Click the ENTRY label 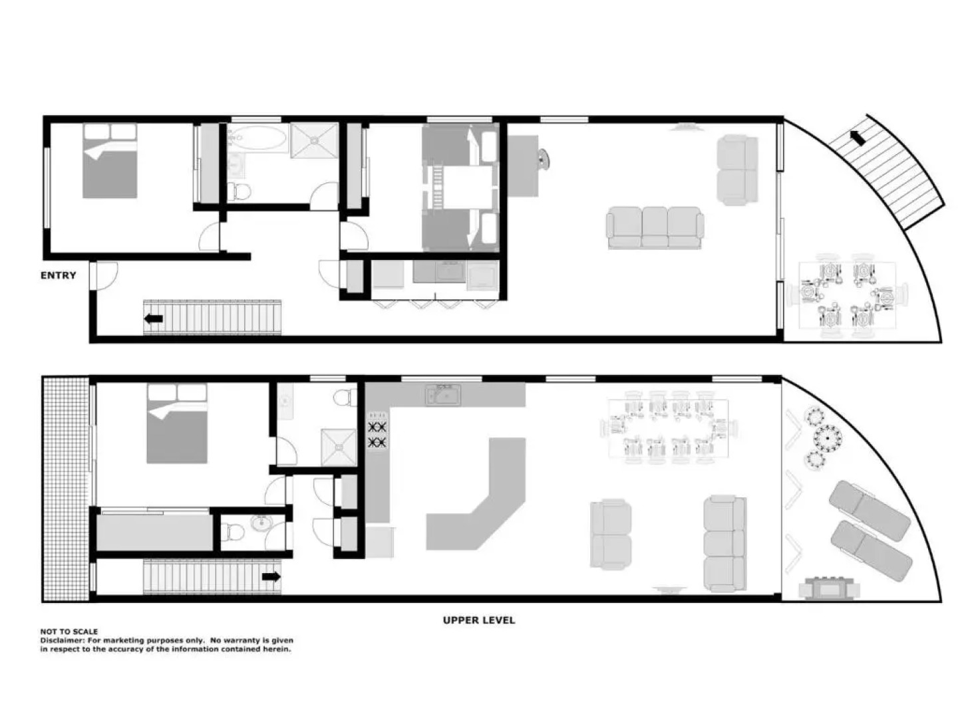pyautogui.click(x=59, y=275)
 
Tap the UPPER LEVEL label pyautogui.click(x=479, y=620)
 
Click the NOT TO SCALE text pyautogui.click(x=69, y=632)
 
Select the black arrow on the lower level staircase pyautogui.click(x=154, y=319)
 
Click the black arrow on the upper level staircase pyautogui.click(x=271, y=577)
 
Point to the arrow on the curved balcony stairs pyautogui.click(x=859, y=138)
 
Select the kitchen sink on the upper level pyautogui.click(x=443, y=395)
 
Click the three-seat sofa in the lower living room pyautogui.click(x=655, y=227)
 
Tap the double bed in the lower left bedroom pyautogui.click(x=110, y=161)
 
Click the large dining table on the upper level pyautogui.click(x=667, y=429)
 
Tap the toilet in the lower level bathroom pyautogui.click(x=238, y=191)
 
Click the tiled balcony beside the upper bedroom pyautogui.click(x=65, y=489)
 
